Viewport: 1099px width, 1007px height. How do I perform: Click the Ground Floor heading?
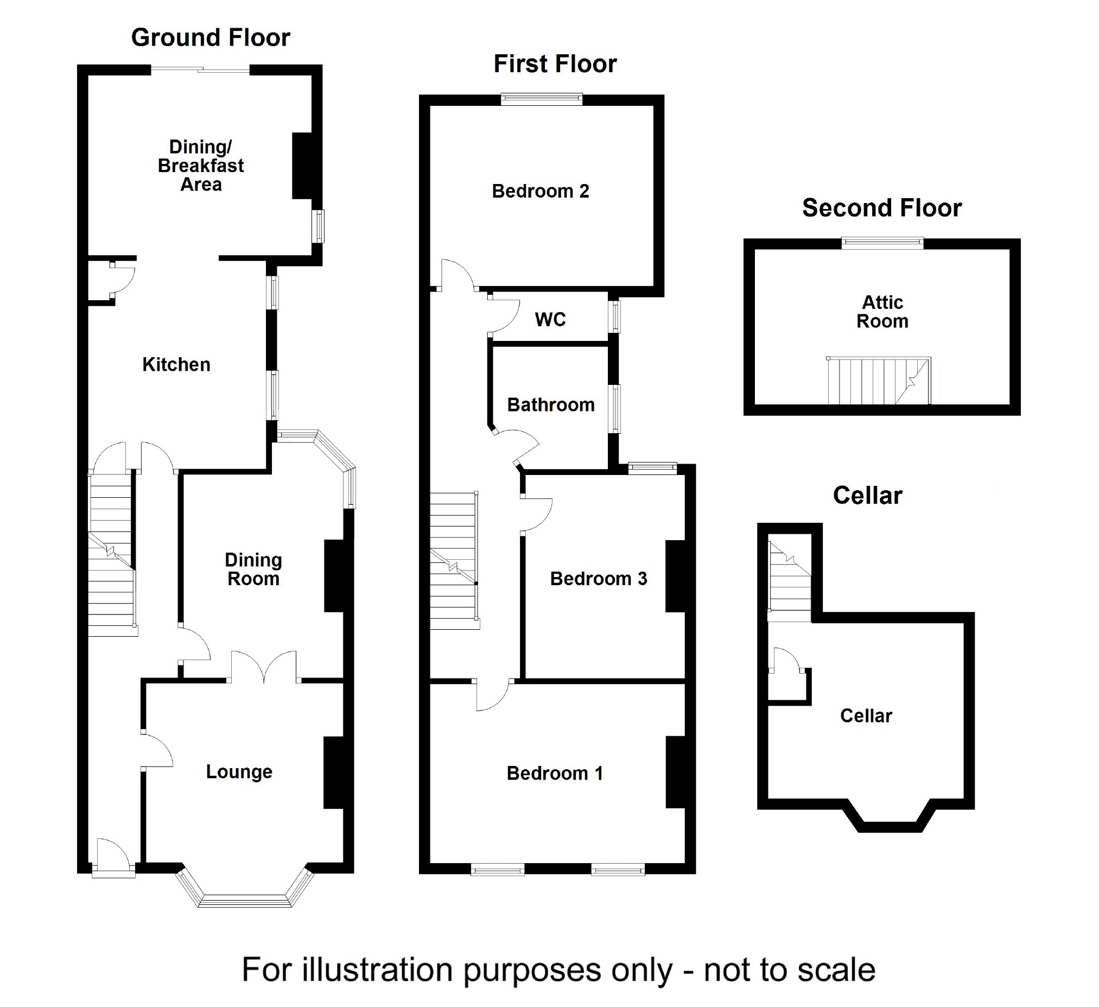211,37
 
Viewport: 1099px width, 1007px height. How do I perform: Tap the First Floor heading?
555,64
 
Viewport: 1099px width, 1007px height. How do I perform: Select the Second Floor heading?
881,208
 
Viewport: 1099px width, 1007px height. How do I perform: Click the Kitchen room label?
176,364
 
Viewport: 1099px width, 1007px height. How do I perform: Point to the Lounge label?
239,771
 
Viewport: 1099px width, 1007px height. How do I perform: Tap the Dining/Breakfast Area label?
201,166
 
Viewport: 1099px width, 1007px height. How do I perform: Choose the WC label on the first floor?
550,320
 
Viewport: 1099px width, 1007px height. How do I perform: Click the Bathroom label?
551,404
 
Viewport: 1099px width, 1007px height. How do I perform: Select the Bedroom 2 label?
540,192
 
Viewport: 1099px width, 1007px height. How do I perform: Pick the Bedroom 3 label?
598,579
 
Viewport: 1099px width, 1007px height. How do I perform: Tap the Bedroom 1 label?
555,773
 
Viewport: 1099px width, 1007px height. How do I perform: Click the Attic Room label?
882,311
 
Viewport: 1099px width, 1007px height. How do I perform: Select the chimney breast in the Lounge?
334,772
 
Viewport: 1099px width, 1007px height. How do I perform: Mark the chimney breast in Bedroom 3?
675,576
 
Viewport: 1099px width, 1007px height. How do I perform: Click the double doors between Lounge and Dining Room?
264,666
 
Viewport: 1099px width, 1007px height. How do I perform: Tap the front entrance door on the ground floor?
113,855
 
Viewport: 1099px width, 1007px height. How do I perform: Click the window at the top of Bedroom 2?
541,99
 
